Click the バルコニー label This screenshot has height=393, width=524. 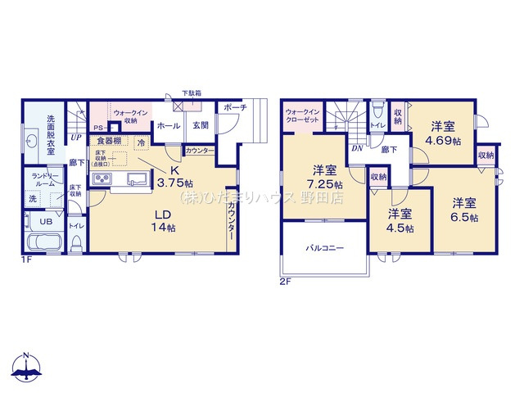(x=325, y=246)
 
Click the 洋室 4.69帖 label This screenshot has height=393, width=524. (x=443, y=133)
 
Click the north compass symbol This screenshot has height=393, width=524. (x=26, y=369)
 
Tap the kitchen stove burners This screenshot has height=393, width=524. (x=110, y=180)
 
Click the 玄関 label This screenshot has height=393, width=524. (x=200, y=126)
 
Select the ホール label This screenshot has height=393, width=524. (x=168, y=126)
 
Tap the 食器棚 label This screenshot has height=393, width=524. (x=111, y=141)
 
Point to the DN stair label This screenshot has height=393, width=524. (x=357, y=148)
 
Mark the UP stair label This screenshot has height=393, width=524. (x=75, y=138)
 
